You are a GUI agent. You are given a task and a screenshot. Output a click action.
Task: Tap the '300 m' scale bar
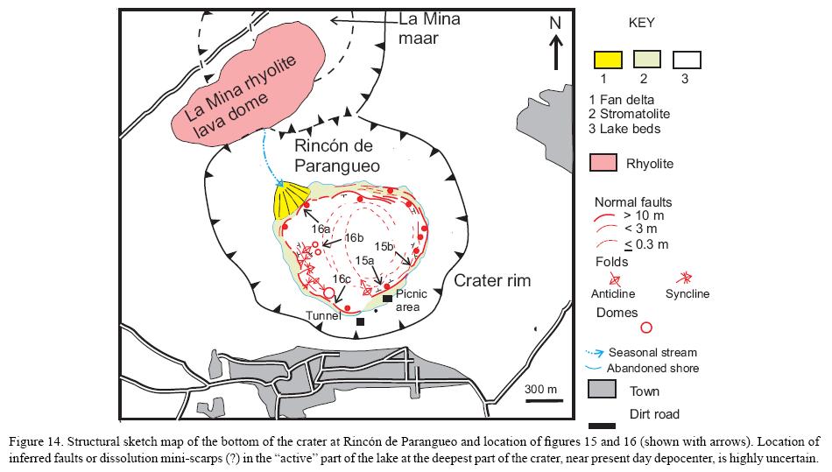coord(540,401)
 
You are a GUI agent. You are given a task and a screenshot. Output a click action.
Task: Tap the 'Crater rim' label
coord(492,280)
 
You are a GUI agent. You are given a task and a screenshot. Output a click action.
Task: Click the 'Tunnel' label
coord(323,315)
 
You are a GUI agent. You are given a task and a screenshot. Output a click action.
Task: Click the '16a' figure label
coord(322,229)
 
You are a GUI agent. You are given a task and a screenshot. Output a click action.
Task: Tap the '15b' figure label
coord(386,245)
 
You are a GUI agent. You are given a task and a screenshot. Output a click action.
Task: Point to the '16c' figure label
coord(342,278)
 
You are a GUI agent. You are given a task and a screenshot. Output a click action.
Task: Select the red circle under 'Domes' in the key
coord(647,328)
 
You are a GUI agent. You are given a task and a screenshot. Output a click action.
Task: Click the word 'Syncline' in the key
coord(687,294)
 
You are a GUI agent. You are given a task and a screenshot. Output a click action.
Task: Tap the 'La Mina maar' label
coord(429,28)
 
